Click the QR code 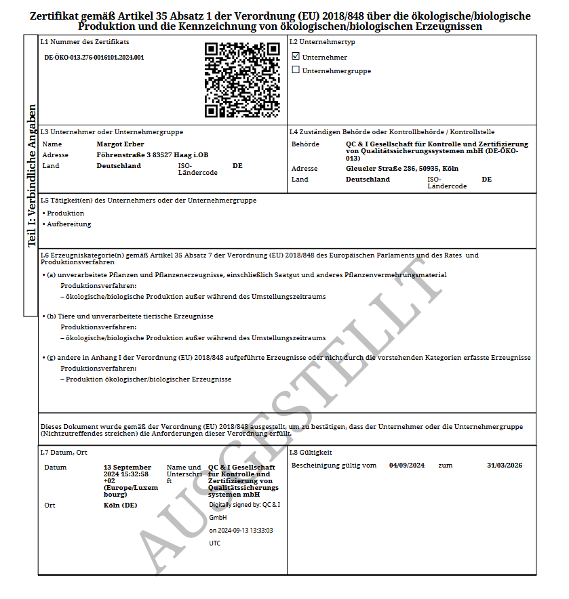(242, 79)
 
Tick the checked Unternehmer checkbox (295, 56)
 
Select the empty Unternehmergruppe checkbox (295, 70)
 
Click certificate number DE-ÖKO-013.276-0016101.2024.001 (94, 58)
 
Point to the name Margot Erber (120, 144)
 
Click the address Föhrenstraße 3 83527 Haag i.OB (152, 154)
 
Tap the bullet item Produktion (65, 213)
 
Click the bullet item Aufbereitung (68, 224)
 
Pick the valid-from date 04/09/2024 (407, 466)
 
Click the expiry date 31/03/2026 (505, 466)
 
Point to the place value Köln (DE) (120, 505)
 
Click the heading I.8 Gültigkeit (311, 452)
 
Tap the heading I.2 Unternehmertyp (321, 42)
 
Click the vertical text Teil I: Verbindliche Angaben (31, 176)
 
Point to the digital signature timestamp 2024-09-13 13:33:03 (241, 531)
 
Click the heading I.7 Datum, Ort (64, 452)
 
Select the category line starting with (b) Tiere (130, 316)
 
